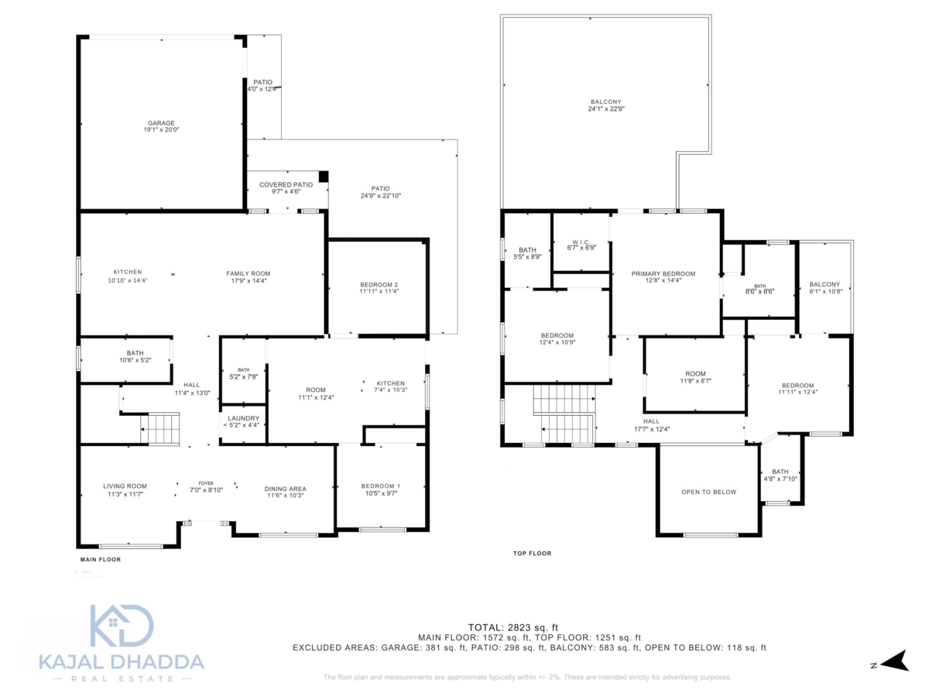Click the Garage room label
click(x=161, y=126)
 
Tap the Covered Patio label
click(x=286, y=188)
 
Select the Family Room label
click(x=248, y=276)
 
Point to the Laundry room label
click(x=243, y=421)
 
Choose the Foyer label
click(x=206, y=486)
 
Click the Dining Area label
click(x=285, y=492)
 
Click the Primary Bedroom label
click(x=663, y=276)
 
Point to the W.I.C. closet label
click(x=581, y=244)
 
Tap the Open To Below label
click(x=708, y=492)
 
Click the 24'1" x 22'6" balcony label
click(x=605, y=105)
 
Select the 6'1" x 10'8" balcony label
click(x=824, y=287)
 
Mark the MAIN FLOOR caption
click(x=101, y=559)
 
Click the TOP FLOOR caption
click(x=532, y=553)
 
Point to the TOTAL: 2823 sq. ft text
click(x=513, y=627)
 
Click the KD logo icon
click(x=122, y=626)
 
